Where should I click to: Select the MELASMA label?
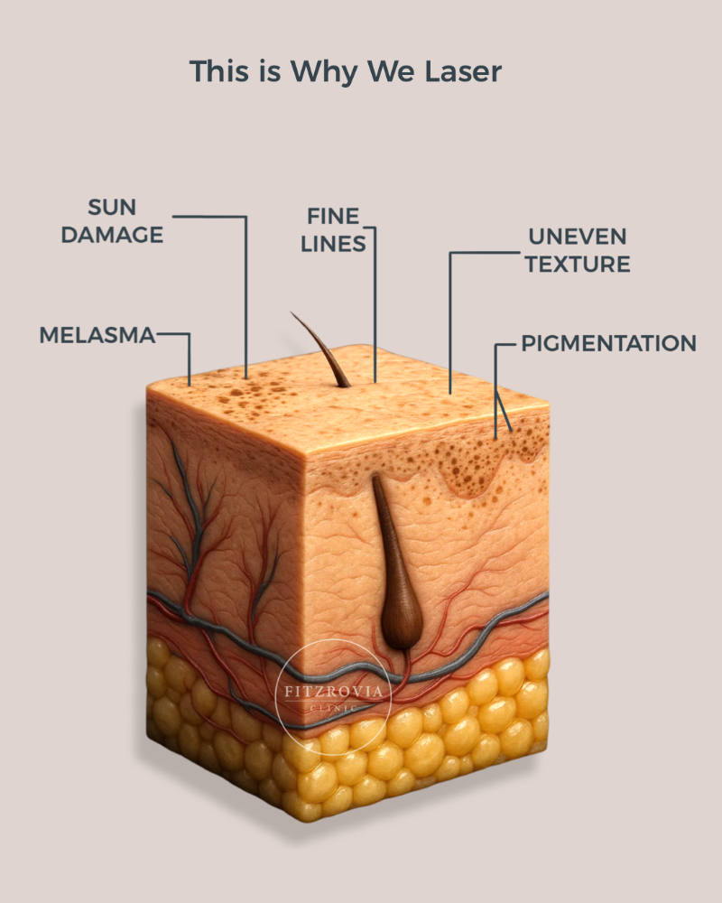[x=97, y=335]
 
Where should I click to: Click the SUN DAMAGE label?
[x=112, y=220]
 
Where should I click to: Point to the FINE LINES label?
[x=333, y=229]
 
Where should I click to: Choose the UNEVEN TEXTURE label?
[x=578, y=250]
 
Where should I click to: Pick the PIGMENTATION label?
[x=608, y=343]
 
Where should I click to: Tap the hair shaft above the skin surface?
[x=320, y=349]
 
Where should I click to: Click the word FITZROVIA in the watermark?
[x=333, y=691]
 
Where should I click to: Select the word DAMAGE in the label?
[x=112, y=235]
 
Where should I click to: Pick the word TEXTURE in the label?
[x=578, y=265]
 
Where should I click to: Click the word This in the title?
[x=218, y=71]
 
